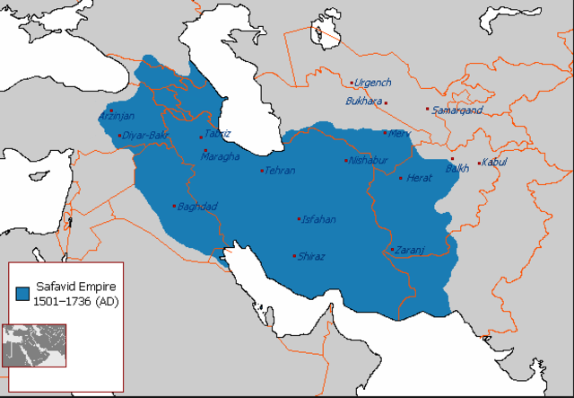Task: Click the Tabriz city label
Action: coord(218,134)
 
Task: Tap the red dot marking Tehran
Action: coord(262,171)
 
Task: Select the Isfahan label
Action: coord(318,219)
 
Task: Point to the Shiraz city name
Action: coord(311,256)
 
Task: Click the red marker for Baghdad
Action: coord(174,206)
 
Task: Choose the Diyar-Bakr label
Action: coord(146,136)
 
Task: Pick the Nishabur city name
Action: coord(367,161)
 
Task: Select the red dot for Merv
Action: coord(385,133)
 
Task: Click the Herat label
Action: coord(420,178)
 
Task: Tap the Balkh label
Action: coord(457,168)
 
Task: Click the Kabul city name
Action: coord(494,162)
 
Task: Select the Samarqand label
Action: coord(457,111)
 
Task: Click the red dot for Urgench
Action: coord(351,83)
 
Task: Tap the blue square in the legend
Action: coord(22,292)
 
